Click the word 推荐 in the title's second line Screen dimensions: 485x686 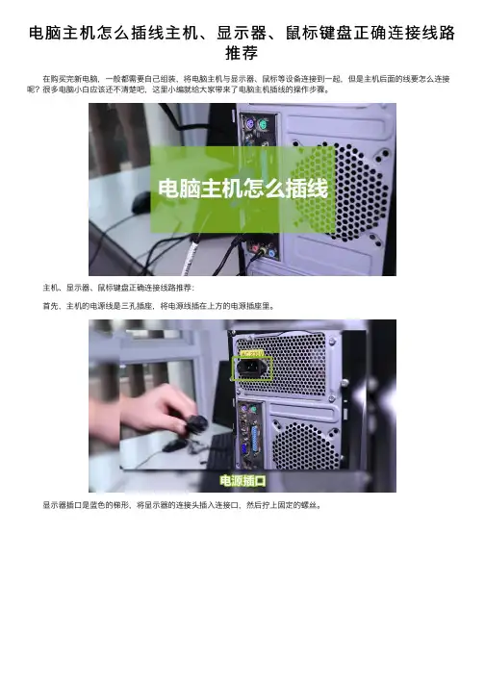(242, 53)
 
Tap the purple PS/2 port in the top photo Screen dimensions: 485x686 (248, 125)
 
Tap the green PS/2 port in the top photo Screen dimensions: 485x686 (263, 125)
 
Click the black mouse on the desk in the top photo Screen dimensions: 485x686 (140, 202)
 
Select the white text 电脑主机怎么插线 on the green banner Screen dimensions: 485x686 (242, 189)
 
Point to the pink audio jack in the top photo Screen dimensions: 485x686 (255, 248)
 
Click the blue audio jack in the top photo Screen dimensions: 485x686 (271, 253)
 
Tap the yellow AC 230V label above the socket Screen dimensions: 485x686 (251, 353)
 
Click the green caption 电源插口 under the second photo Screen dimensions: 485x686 (242, 481)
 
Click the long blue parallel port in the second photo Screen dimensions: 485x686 (256, 438)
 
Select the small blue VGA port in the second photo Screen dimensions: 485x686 (243, 449)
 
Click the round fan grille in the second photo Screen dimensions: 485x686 (306, 445)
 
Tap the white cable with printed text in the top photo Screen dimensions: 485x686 (191, 256)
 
